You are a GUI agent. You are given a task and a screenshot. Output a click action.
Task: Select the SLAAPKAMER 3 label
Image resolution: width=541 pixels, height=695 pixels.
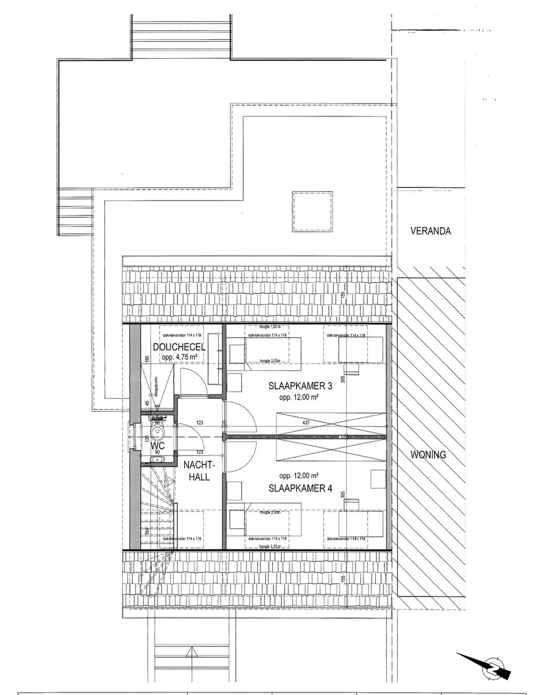pos(299,385)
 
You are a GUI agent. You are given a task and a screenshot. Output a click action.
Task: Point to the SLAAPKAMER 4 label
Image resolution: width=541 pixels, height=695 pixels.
pos(300,488)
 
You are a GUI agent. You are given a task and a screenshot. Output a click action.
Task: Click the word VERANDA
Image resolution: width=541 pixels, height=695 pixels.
pos(430,231)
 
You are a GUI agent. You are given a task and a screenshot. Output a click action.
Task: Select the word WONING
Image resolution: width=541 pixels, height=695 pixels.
pos(428,455)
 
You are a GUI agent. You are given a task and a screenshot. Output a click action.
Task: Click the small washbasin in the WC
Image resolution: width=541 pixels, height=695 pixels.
pos(157,460)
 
